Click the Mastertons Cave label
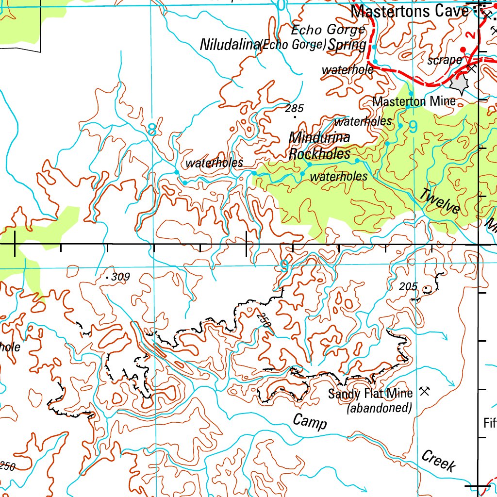coord(410,11)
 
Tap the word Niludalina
coord(230,45)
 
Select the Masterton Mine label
coord(414,101)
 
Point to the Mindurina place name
coord(319,138)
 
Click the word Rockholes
coord(319,154)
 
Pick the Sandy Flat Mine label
coord(370,393)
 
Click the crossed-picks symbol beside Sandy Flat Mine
coord(424,391)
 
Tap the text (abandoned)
coord(379,408)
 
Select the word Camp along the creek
coord(310,422)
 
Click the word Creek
coord(439,461)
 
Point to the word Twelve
coord(440,201)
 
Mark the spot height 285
coord(294,109)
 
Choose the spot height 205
coord(408,287)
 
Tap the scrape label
coord(444,60)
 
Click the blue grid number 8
coord(152,130)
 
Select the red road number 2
coord(469,35)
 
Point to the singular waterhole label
coord(347,70)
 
